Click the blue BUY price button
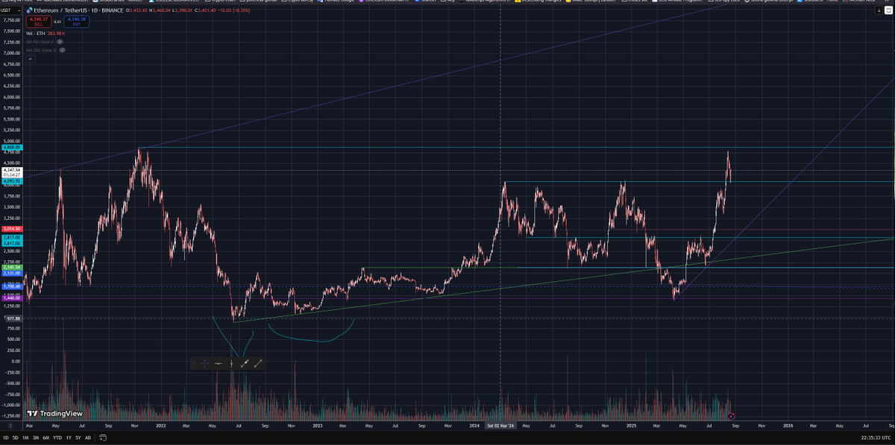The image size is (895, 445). (76, 22)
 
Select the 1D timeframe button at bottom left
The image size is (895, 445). (6, 438)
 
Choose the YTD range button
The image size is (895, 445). (57, 438)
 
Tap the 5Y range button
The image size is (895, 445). (78, 438)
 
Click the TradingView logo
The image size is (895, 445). (54, 413)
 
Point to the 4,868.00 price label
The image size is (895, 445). (12, 148)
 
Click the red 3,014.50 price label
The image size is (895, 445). (12, 229)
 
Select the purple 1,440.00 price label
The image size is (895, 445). (12, 298)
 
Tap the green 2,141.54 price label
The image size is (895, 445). (12, 267)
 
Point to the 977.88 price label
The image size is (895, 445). (12, 318)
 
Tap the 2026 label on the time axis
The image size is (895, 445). (788, 426)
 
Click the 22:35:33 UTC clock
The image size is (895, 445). (873, 438)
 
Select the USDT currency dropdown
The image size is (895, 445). (10, 9)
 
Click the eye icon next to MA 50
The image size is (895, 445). (59, 42)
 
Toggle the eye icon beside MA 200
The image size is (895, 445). (62, 50)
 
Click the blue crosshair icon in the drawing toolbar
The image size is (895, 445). (204, 364)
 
